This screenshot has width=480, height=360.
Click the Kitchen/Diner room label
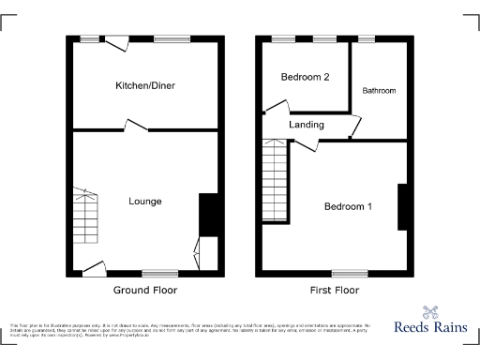(145, 86)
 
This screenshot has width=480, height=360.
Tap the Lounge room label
(145, 202)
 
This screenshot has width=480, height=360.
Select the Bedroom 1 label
(348, 206)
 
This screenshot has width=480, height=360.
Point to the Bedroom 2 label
(306, 78)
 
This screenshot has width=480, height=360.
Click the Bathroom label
(380, 91)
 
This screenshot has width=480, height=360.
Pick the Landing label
(307, 125)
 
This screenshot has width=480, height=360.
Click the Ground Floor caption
(145, 291)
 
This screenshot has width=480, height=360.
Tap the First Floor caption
(335, 291)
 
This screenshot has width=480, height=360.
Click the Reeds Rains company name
(431, 329)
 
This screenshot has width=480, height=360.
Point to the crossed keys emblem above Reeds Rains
(431, 311)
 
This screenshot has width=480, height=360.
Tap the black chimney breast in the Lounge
(209, 215)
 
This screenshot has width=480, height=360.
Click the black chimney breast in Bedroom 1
(403, 206)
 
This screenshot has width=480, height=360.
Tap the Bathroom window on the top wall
(366, 38)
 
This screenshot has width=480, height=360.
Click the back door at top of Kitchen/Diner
(118, 42)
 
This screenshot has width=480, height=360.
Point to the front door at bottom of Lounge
(94, 270)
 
